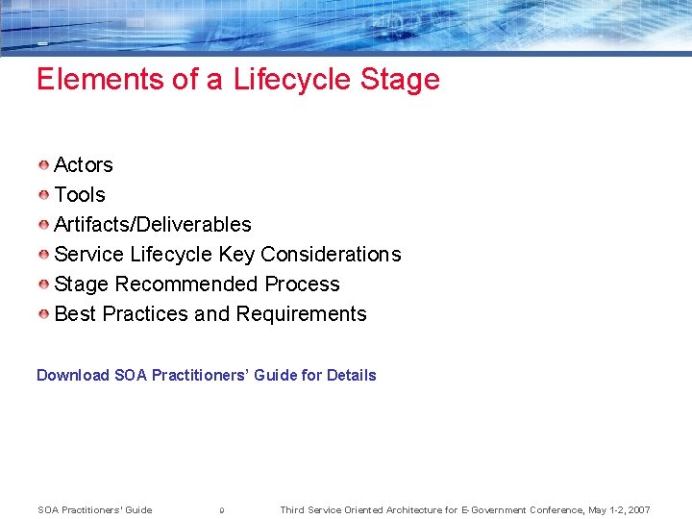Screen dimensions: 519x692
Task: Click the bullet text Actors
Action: [84, 165]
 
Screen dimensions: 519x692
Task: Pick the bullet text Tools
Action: [80, 195]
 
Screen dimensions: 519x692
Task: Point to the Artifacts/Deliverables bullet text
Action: [153, 225]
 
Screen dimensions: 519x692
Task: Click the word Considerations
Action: [331, 255]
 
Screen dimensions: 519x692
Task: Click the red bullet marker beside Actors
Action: [44, 165]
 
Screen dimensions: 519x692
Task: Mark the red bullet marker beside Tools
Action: [44, 195]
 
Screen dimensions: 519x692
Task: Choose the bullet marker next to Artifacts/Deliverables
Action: [44, 225]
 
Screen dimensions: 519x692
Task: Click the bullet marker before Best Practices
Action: [44, 314]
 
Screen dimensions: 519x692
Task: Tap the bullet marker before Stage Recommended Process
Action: [44, 284]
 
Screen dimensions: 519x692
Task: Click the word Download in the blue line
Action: [73, 376]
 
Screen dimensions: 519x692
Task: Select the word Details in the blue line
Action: [351, 376]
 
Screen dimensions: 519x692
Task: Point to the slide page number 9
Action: [222, 510]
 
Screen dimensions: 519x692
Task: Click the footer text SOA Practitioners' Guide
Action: [94, 510]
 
